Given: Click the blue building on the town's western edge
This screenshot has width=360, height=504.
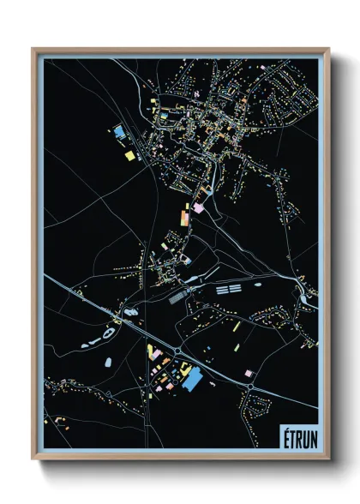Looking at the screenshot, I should pyautogui.click(x=119, y=132).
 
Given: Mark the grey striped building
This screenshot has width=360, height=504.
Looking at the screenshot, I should pyautogui.click(x=178, y=297).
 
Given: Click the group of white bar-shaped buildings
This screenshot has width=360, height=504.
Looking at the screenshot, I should pyautogui.click(x=226, y=290).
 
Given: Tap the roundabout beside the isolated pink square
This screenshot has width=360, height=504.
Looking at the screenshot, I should pyautogui.click(x=250, y=387).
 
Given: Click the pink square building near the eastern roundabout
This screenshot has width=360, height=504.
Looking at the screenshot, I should pyautogui.click(x=248, y=373).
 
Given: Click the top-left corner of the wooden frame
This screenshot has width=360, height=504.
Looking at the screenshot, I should pyautogui.click(x=33, y=49).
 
